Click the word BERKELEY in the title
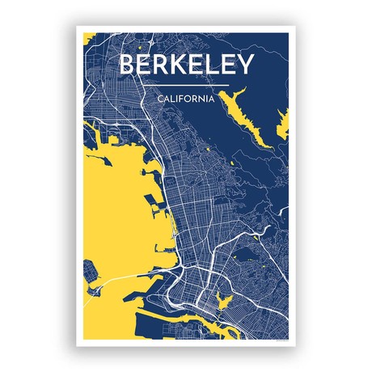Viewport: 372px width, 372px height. pos(186,65)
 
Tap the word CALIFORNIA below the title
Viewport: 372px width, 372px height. pos(186,99)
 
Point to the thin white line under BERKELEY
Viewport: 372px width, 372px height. pos(186,84)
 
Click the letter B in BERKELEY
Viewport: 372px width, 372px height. pos(127,65)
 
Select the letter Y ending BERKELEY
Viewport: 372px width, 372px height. pos(245,65)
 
